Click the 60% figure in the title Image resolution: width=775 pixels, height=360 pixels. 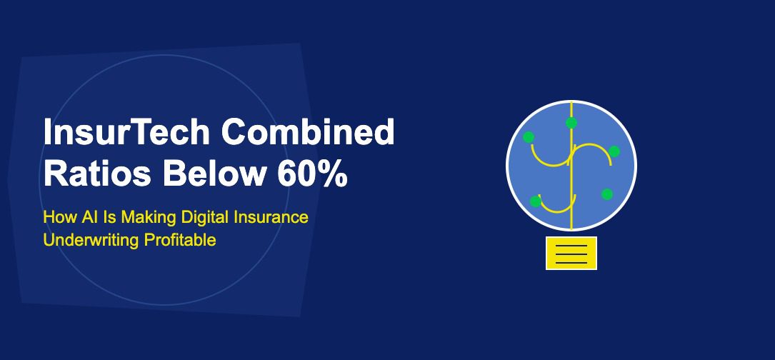(314, 174)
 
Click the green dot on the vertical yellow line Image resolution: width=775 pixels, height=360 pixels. (571, 124)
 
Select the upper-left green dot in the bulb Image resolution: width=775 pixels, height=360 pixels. (529, 137)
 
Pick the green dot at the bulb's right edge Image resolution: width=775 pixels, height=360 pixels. (614, 151)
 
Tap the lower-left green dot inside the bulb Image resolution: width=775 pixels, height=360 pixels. (536, 201)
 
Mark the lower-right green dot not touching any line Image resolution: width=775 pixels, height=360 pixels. (607, 194)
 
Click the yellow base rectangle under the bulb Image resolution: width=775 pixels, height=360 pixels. (571, 253)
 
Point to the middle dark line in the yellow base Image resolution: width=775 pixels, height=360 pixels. (571, 254)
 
